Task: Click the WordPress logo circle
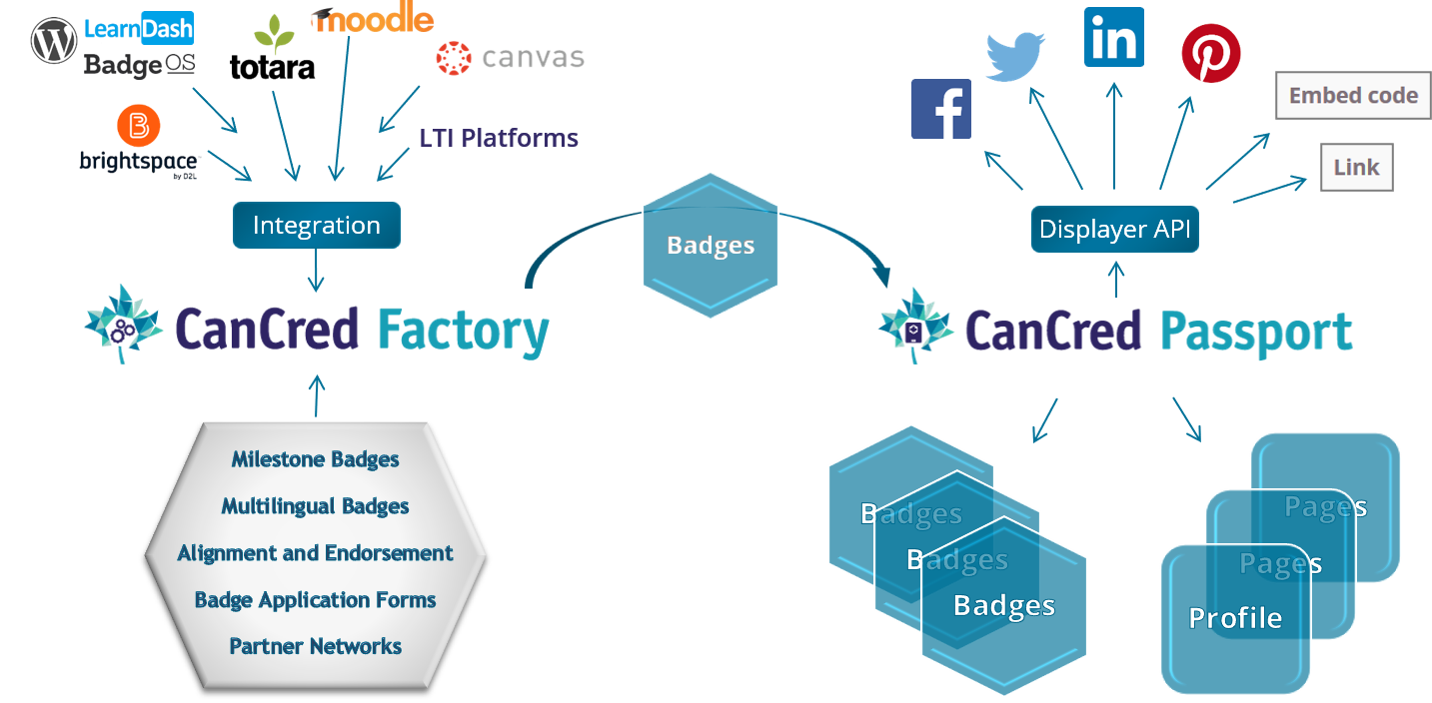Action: (x=54, y=40)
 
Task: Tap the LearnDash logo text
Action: (x=138, y=29)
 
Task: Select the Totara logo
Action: (x=272, y=50)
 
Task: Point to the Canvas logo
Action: (x=510, y=57)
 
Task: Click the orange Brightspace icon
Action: (x=138, y=127)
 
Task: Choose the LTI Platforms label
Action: (x=499, y=138)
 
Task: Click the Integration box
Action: (x=317, y=226)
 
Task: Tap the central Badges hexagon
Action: (x=711, y=246)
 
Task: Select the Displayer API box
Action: (x=1114, y=230)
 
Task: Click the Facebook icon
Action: (x=941, y=109)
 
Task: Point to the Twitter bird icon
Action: (x=1015, y=55)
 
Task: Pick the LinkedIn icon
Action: (x=1114, y=37)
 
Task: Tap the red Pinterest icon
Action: (x=1211, y=54)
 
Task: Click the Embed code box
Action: (x=1353, y=96)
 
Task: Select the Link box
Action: (x=1356, y=168)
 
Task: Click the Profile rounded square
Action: (x=1235, y=619)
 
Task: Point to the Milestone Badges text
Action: (x=316, y=459)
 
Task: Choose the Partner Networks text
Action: (x=316, y=646)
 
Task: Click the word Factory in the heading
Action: (x=464, y=332)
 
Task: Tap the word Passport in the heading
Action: (x=1256, y=332)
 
